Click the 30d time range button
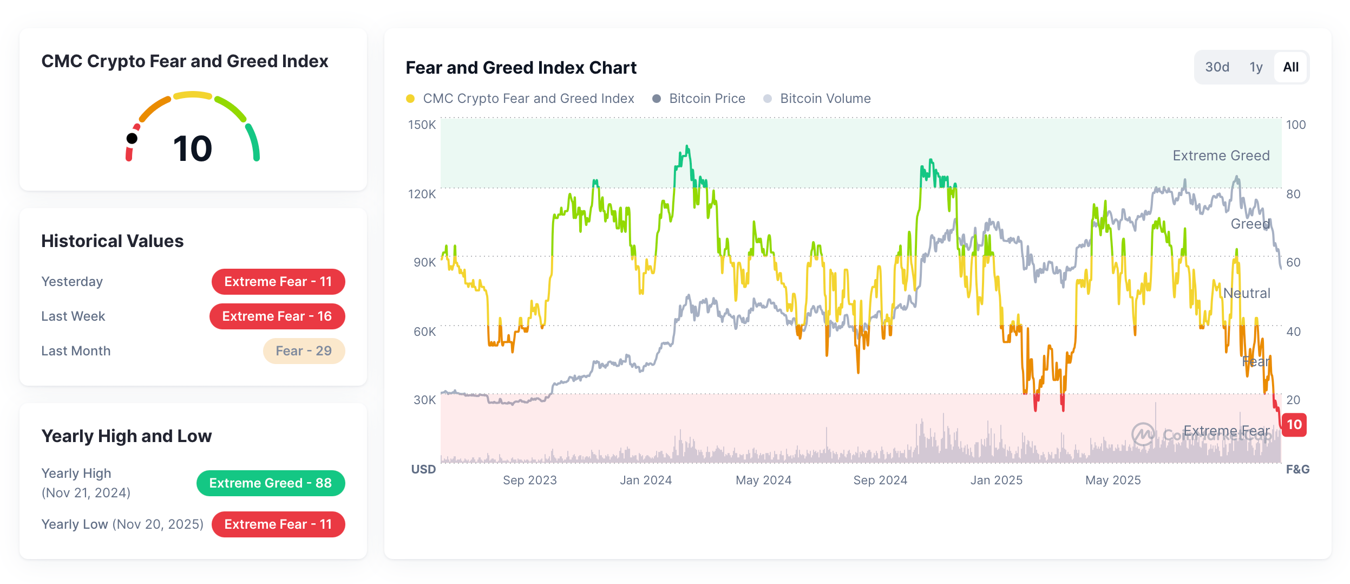tap(1217, 67)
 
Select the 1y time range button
tap(1256, 67)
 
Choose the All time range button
tap(1290, 67)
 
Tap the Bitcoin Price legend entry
tap(706, 99)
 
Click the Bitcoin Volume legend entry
tap(825, 99)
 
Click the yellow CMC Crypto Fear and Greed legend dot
tap(410, 99)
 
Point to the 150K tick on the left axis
tap(422, 125)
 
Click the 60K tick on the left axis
tap(424, 332)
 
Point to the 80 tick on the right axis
tap(1293, 194)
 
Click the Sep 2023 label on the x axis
tap(529, 480)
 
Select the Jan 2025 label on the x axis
tap(996, 480)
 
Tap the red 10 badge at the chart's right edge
tap(1294, 424)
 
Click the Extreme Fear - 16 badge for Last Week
tap(277, 316)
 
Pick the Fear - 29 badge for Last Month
tap(304, 351)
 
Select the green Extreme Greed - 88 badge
tap(271, 483)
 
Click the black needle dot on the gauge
tap(132, 139)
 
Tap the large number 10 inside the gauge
tap(193, 148)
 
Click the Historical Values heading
tap(113, 241)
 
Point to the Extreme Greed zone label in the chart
tap(1221, 155)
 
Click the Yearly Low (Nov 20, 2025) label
tap(122, 524)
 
